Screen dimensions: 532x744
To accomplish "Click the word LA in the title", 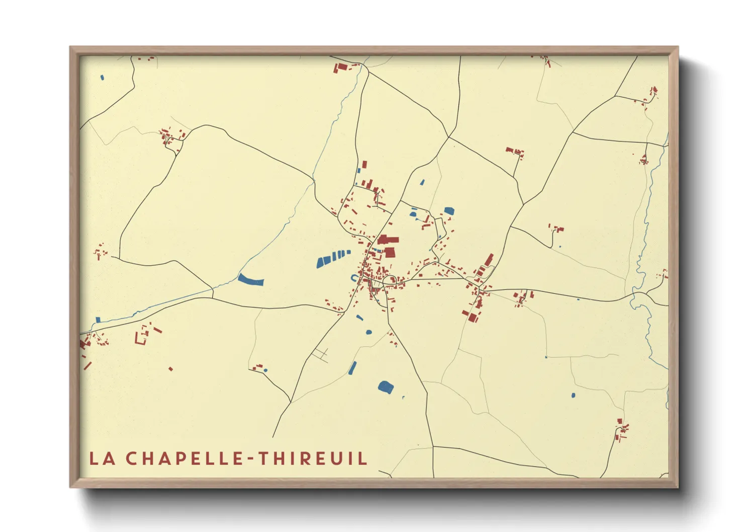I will pos(102,458).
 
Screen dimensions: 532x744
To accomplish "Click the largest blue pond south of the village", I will pos(386,387).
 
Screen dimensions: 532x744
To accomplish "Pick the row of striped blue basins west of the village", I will pos(333,257).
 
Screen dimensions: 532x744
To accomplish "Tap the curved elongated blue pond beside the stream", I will pos(250,280).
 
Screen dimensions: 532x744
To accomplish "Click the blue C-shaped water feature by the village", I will pos(354,278).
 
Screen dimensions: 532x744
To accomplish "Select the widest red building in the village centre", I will pos(388,240).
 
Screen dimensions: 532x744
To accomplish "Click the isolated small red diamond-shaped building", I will pos(170,369).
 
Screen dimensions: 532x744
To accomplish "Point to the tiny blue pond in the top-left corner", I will pos(102,77).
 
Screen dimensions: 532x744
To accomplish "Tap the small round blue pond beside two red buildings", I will pos(265,371).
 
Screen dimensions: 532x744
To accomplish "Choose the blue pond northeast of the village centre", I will pos(448,211).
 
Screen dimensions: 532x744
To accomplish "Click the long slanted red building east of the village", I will pos(488,260).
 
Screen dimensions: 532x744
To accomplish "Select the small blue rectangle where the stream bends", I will pos(98,320).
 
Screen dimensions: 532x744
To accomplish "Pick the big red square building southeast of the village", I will pos(473,317).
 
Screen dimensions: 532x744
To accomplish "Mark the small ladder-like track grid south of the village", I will pos(320,354).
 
